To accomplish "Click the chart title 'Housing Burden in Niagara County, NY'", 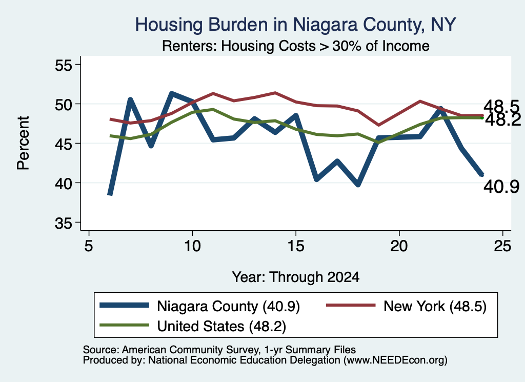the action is (x=295, y=25).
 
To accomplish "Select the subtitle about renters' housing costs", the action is (x=296, y=46).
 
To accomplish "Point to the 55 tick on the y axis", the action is (x=63, y=65).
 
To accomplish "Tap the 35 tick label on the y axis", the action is (x=63, y=223).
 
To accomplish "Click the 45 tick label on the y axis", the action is (x=63, y=144).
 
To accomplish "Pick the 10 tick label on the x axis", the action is (x=192, y=246).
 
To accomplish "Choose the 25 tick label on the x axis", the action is (x=502, y=246).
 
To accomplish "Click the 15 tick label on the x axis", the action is (x=296, y=246).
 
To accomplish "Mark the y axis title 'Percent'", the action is (x=23, y=143).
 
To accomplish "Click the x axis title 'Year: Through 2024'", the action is (x=296, y=277).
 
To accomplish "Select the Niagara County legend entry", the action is (x=199, y=306).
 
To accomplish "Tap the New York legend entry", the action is (x=406, y=306).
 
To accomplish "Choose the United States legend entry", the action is (x=193, y=326).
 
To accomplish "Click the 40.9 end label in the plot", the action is (x=501, y=187).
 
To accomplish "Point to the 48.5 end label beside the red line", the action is (x=501, y=107).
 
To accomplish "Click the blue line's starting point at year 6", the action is (x=110, y=194).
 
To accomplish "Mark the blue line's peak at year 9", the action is (x=171, y=94).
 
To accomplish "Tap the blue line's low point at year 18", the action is (x=358, y=184).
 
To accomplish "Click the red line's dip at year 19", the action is (x=379, y=125).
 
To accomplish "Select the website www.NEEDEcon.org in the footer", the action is (x=395, y=360).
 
